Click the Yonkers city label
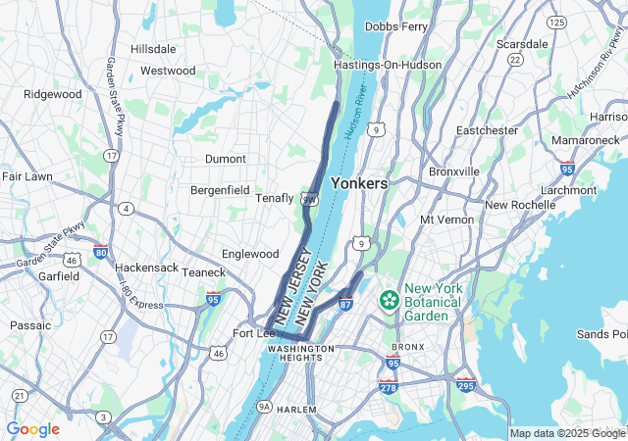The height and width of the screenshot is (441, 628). click(x=358, y=183)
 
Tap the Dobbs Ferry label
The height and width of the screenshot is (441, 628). click(x=395, y=26)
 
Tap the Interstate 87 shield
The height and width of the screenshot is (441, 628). click(x=345, y=304)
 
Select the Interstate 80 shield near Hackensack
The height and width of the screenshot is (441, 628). click(x=101, y=252)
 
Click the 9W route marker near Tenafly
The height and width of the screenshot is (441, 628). click(x=309, y=199)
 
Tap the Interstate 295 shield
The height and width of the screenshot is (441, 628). click(x=465, y=386)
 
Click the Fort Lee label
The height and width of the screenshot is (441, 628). click(x=253, y=333)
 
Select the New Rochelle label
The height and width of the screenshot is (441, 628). click(x=519, y=205)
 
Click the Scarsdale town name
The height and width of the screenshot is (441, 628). click(x=522, y=44)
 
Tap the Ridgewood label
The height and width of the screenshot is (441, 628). click(x=53, y=94)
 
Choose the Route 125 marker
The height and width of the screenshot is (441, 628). click(x=557, y=22)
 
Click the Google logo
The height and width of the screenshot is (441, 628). click(x=32, y=429)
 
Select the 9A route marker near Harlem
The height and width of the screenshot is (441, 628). click(x=264, y=406)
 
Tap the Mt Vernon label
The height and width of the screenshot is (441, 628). click(x=446, y=220)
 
